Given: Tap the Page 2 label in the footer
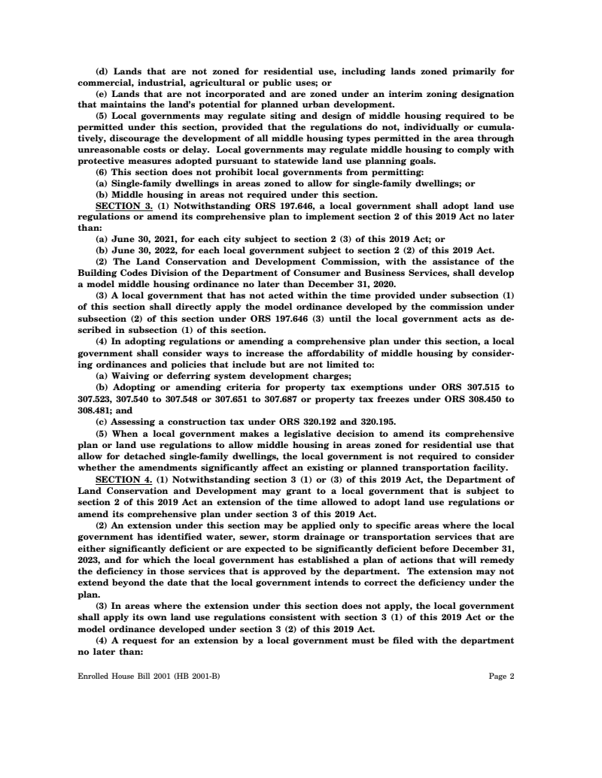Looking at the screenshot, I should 501,676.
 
